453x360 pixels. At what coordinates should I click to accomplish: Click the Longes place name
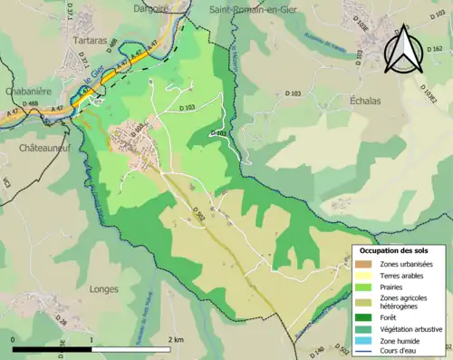105,289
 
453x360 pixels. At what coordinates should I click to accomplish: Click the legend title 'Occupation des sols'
395,249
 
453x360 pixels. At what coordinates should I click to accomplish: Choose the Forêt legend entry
392,317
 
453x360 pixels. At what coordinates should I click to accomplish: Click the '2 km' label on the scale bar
177,339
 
